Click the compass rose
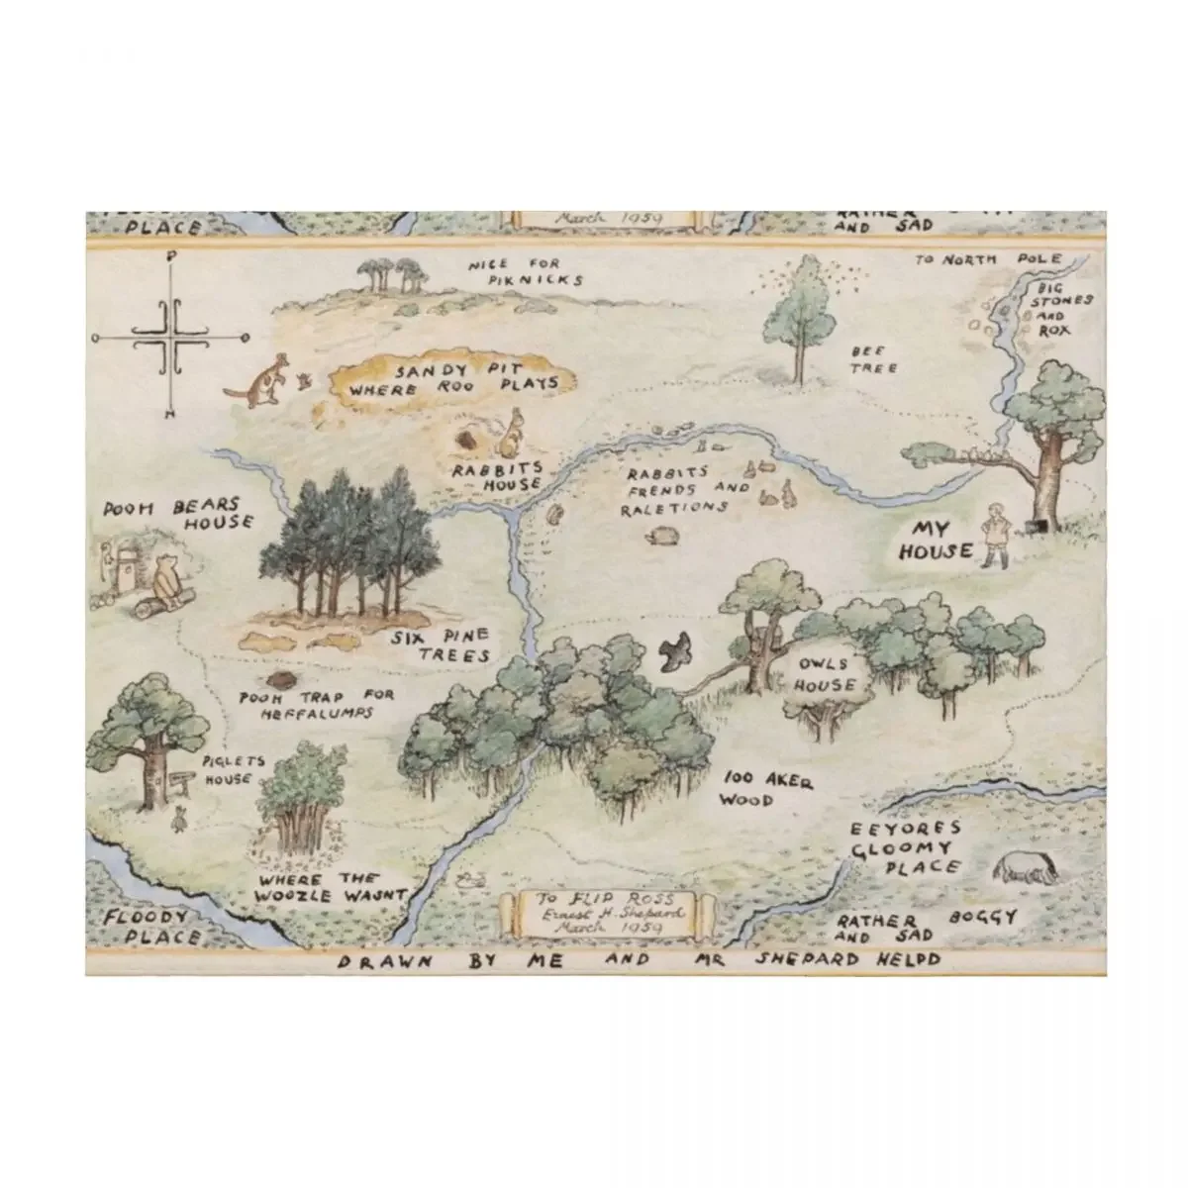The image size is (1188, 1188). click(173, 336)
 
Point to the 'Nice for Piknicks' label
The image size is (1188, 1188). click(526, 271)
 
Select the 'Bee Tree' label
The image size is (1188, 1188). click(872, 359)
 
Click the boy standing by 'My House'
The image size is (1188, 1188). click(995, 536)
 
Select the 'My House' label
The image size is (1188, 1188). click(936, 541)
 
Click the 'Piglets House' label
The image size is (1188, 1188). click(227, 769)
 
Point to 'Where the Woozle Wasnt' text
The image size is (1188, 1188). click(330, 887)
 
